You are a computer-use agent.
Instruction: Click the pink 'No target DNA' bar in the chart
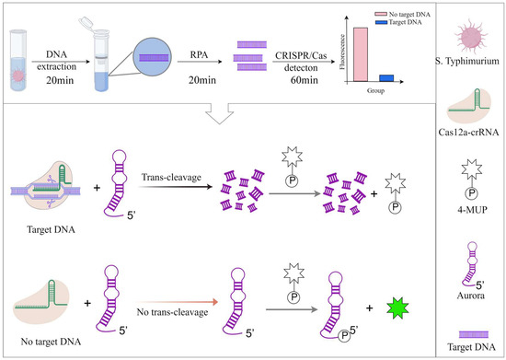(x=362, y=55)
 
